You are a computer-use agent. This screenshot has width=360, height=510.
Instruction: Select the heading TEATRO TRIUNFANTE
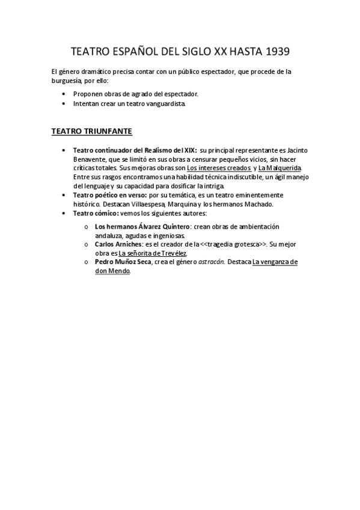coord(91,131)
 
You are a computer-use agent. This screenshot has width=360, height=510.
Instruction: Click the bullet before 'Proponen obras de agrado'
coord(64,94)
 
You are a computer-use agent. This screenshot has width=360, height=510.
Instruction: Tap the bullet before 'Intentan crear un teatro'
coord(64,103)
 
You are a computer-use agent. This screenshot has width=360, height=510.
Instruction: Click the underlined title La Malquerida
coord(279,168)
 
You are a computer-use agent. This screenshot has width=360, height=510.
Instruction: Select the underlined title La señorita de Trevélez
coord(153,253)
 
